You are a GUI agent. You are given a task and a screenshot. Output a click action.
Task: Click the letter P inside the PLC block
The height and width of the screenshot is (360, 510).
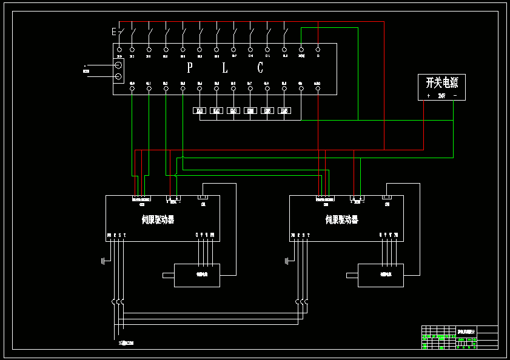[190, 67]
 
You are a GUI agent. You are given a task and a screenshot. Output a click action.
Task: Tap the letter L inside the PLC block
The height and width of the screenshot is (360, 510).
[225, 67]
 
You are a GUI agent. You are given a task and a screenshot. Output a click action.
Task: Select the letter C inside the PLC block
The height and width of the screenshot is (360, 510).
[260, 67]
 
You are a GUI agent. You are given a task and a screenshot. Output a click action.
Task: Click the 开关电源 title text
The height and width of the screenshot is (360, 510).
[441, 83]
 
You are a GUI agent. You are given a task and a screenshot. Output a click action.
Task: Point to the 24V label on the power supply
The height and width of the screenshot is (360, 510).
[441, 96]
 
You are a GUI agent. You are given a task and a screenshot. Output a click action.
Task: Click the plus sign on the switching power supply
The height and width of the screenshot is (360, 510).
[428, 96]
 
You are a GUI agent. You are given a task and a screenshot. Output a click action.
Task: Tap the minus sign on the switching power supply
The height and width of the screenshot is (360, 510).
[455, 96]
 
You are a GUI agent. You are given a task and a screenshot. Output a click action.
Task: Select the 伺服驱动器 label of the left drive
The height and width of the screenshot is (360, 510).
[158, 219]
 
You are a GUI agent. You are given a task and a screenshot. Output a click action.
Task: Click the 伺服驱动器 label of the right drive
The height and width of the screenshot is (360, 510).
[341, 219]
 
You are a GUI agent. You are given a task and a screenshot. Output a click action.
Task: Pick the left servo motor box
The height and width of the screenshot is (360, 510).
[197, 275]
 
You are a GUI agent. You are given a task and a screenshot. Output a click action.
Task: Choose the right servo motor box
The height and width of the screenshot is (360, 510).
[381, 275]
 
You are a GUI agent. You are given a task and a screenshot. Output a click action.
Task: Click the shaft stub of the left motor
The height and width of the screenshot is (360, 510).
[169, 276]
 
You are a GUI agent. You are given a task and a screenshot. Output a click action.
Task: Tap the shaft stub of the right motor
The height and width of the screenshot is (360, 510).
[352, 276]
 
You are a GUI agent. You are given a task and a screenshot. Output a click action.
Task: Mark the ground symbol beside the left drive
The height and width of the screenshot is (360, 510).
[103, 261]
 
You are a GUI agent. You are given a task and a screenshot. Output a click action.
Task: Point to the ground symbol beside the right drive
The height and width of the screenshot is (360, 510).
[287, 261]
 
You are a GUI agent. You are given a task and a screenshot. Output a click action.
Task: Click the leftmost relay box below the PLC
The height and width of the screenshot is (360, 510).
[200, 111]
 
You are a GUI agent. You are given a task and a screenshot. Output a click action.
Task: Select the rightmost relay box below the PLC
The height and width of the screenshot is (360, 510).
[284, 111]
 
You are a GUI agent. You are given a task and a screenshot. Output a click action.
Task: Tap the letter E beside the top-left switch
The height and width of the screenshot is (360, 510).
[113, 31]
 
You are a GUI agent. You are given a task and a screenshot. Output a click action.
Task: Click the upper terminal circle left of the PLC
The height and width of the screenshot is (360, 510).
[119, 65]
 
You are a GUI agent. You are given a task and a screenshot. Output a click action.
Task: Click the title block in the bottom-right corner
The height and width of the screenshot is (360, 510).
[460, 338]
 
